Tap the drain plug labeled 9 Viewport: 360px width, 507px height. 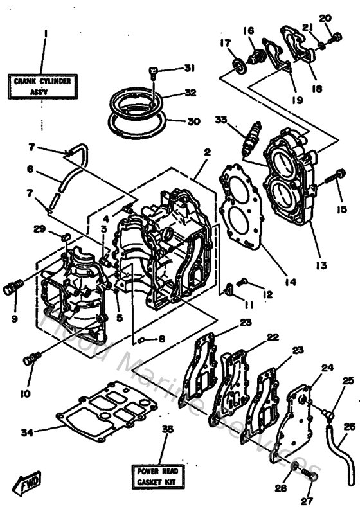[x=12, y=287]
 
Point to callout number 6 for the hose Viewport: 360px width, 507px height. [x=30, y=170]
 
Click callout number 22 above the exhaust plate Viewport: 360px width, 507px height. [x=273, y=337]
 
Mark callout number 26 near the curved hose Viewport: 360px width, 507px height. [x=349, y=426]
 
